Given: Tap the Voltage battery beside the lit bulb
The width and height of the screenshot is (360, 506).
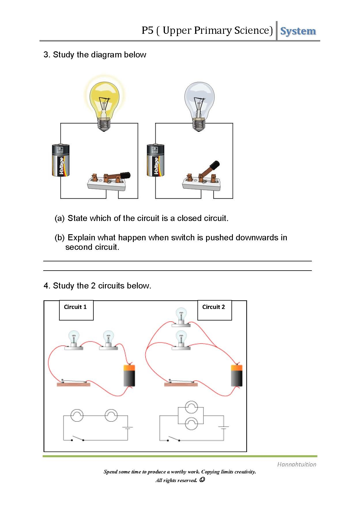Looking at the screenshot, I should pyautogui.click(x=61, y=160).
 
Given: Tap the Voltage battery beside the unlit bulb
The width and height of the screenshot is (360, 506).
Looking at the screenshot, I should pyautogui.click(x=155, y=160).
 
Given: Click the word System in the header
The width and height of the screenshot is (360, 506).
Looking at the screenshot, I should pyautogui.click(x=298, y=31).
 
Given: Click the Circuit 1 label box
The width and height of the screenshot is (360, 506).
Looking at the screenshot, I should pyautogui.click(x=76, y=310).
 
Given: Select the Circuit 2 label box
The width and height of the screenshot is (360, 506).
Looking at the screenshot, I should pyautogui.click(x=214, y=310).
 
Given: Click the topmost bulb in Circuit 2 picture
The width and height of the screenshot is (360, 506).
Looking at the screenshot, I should pyautogui.click(x=181, y=316).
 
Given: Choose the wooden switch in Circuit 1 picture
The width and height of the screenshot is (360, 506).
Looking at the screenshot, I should pyautogui.click(x=73, y=383).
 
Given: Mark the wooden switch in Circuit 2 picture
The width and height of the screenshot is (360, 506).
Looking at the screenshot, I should pyautogui.click(x=181, y=383).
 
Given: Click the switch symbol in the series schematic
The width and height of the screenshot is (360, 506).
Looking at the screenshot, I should pyautogui.click(x=78, y=439).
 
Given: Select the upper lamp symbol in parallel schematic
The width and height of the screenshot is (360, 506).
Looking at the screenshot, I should pyautogui.click(x=191, y=407).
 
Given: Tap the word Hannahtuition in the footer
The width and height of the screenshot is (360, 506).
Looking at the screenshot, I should pyautogui.click(x=297, y=464).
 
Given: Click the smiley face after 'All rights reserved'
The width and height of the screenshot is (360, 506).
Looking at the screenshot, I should pyautogui.click(x=202, y=480).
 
